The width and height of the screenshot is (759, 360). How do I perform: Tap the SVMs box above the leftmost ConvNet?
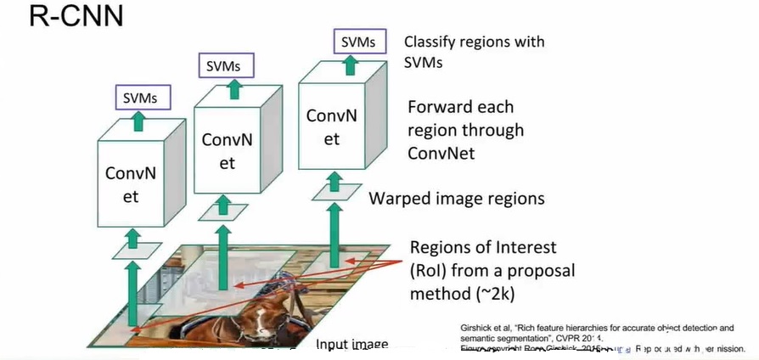coord(138,98)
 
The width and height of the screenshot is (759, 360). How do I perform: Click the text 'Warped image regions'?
coord(456,199)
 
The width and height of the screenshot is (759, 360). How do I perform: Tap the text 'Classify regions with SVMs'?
coord(474,52)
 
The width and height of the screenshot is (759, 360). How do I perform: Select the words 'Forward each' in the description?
coord(459,109)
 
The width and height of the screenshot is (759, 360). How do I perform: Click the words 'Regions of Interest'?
coord(483,248)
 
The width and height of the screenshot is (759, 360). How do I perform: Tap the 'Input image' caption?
coord(351,344)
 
